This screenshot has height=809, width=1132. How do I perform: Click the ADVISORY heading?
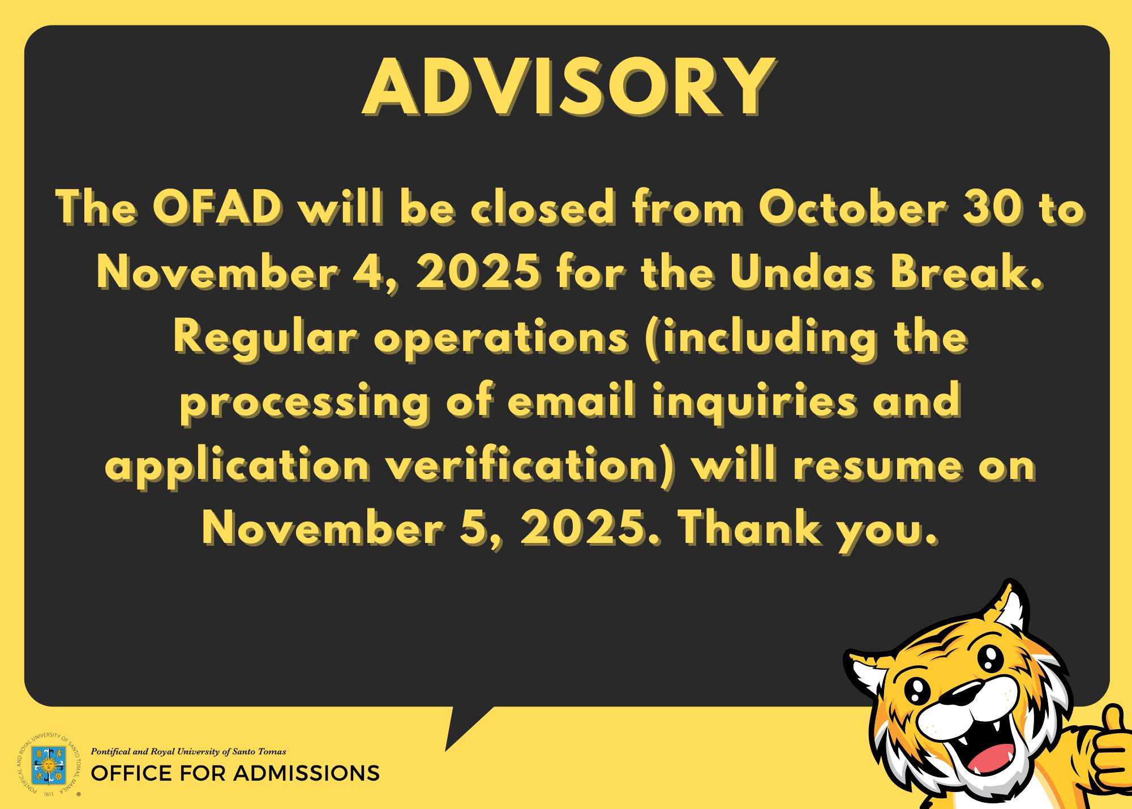[x=568, y=87]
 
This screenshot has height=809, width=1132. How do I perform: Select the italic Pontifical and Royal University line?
[x=188, y=752]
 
